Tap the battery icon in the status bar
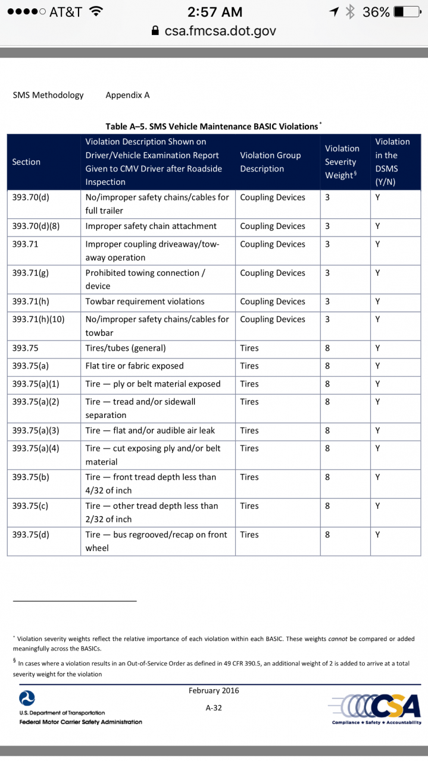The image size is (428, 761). (407, 11)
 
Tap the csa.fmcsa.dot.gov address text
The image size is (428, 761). (220, 31)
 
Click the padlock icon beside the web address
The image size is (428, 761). (156, 31)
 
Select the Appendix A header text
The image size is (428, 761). (127, 95)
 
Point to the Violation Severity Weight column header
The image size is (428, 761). (341, 162)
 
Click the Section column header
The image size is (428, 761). (26, 162)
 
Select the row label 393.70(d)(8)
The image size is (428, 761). (36, 226)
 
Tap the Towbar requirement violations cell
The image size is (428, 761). (145, 301)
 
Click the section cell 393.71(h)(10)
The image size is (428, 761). (38, 319)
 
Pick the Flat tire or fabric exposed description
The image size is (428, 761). (134, 366)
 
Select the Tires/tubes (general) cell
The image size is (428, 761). (125, 348)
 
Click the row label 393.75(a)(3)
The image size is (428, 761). (36, 430)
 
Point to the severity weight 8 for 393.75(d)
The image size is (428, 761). (327, 534)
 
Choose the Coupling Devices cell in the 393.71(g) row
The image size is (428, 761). (272, 273)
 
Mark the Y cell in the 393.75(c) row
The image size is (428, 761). (377, 506)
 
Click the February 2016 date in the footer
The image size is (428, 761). (214, 690)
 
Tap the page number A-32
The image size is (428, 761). (214, 708)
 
